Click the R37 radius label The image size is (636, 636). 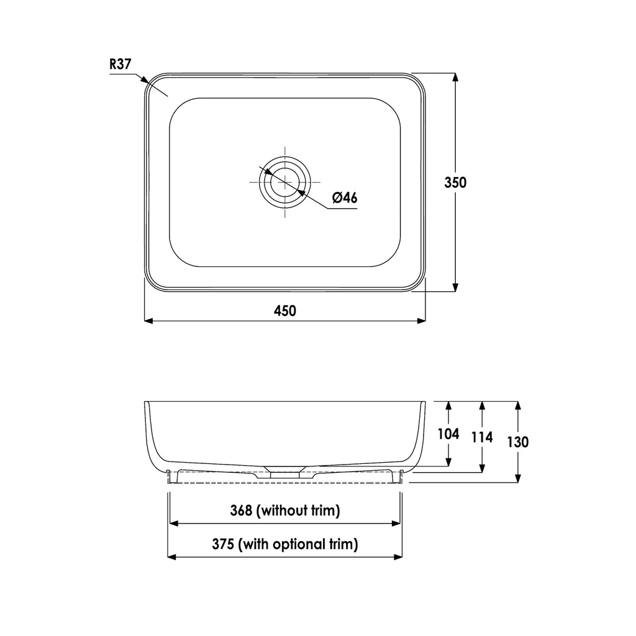pos(120,63)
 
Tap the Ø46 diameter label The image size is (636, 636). pos(344,198)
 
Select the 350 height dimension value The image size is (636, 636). pos(455,183)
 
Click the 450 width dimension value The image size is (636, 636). pos(285,310)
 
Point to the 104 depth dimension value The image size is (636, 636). pos(448,434)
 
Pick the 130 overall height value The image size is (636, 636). pos(517,442)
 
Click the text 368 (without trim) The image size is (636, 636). pos(285,511)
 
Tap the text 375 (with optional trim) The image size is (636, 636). pos(285,545)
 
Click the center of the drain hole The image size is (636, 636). pos(284,181)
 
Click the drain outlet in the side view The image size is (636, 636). pos(284,472)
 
